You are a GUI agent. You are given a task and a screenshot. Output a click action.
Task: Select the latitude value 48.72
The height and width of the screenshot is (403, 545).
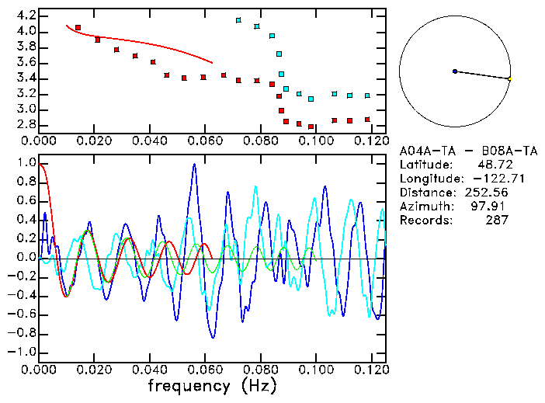point(492,165)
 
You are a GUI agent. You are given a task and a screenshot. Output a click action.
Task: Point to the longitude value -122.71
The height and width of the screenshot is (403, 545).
point(488,179)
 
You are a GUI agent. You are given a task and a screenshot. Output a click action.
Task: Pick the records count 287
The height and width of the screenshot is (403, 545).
point(494,221)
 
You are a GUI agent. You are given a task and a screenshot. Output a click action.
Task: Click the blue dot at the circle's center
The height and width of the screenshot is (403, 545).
point(455,71)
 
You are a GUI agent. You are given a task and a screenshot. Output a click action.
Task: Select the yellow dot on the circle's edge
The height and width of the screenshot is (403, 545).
point(509,78)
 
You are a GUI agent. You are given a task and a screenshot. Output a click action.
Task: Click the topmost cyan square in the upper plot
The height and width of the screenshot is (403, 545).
point(238,20)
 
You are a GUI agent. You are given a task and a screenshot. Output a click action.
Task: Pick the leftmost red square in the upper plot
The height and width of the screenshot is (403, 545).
point(78,28)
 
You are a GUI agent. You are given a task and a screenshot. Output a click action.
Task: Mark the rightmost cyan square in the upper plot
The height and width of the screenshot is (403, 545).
point(367,96)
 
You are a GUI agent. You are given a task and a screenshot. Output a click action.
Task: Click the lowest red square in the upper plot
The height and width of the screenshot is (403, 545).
point(311,127)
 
